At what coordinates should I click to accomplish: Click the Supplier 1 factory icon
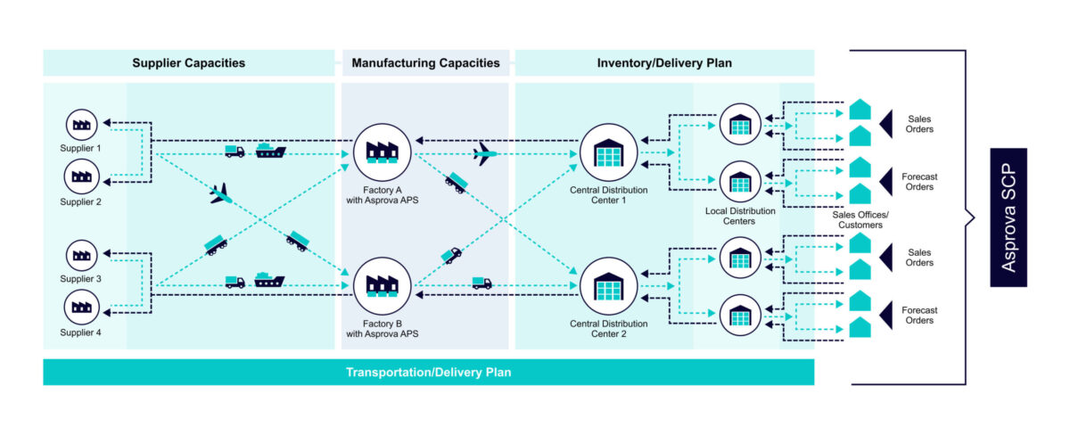[82, 126]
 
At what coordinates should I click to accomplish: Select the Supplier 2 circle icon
[82, 176]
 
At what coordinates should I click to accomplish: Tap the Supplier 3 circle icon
[82, 257]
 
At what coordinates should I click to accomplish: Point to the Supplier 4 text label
[82, 332]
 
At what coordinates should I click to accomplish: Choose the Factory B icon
[383, 286]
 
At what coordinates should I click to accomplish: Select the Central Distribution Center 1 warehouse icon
[608, 153]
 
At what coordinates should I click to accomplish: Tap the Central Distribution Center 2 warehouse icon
[608, 286]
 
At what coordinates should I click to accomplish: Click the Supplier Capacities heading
[188, 63]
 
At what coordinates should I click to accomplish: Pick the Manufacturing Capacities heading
[425, 63]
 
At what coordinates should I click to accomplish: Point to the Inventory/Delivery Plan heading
[664, 63]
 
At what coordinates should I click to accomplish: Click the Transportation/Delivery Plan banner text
[428, 372]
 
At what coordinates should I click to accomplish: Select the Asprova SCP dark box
[1008, 217]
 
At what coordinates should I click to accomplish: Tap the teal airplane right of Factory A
[484, 153]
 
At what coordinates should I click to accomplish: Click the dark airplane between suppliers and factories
[220, 193]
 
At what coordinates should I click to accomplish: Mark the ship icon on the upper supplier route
[270, 151]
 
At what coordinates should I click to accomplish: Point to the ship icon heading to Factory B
[268, 281]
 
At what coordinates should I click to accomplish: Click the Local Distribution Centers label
[740, 216]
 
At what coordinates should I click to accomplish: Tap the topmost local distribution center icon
[740, 125]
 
